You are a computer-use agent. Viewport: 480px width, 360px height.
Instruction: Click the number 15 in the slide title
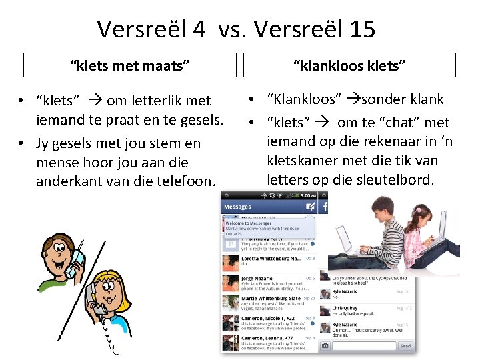360,29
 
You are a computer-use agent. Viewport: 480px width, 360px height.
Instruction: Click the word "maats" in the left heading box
167,65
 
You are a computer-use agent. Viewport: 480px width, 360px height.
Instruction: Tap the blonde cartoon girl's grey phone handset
100,303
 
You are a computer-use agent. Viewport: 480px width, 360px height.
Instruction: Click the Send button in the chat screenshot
405,346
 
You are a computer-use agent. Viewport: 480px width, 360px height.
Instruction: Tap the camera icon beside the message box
325,346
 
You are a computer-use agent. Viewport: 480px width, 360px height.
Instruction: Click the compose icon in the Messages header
310,207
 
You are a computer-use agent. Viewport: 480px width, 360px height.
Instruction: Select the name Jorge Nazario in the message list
258,278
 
